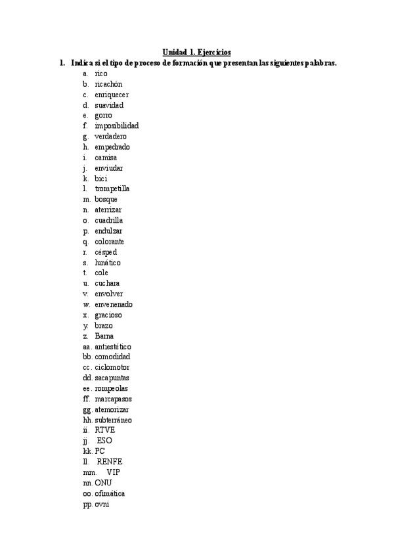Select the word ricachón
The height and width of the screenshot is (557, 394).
click(108, 84)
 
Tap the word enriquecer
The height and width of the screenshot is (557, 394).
click(112, 95)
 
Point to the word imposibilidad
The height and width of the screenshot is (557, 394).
click(117, 125)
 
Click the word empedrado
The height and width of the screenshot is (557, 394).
click(112, 146)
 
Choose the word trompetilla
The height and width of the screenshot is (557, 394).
click(112, 189)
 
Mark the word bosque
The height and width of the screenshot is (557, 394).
click(107, 199)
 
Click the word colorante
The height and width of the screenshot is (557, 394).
click(110, 241)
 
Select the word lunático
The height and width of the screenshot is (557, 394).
click(108, 262)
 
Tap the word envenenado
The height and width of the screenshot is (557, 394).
click(114, 304)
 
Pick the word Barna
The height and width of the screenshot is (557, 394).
click(104, 336)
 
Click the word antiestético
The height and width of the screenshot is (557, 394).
click(113, 346)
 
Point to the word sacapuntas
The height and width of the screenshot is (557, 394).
click(112, 378)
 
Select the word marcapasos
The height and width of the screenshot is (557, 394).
click(113, 399)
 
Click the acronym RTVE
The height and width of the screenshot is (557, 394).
click(105, 430)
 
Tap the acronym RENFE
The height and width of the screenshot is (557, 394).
click(109, 462)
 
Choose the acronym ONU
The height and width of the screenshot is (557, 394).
click(103, 483)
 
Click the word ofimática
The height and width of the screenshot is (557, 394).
click(110, 493)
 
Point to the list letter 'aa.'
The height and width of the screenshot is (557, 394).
click(87, 346)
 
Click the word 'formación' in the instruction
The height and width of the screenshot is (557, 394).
click(190, 63)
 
